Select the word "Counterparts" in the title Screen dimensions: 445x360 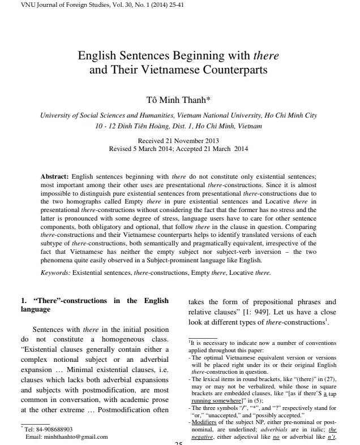tap(229, 71)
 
